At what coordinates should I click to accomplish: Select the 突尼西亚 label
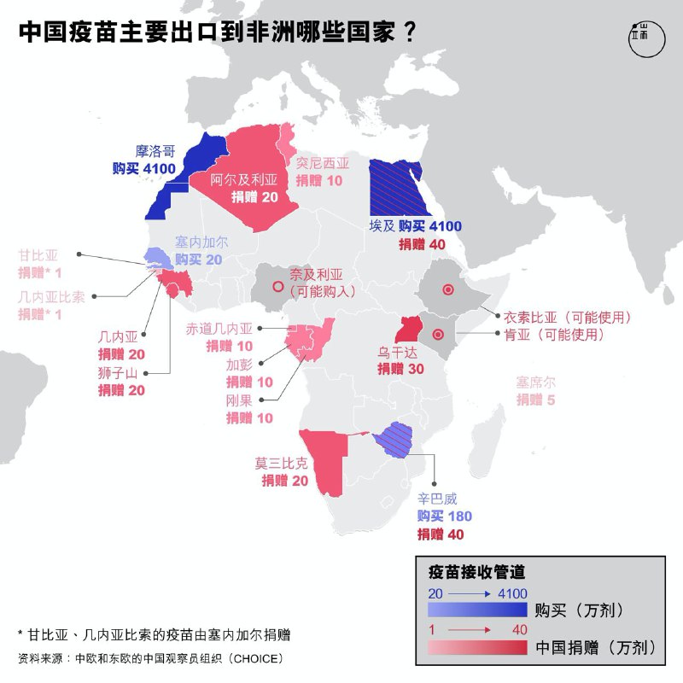(x=323, y=163)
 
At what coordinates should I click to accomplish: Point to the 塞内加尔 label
(x=201, y=242)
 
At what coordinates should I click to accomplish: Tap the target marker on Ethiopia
(x=447, y=290)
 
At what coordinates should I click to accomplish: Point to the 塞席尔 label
(x=535, y=382)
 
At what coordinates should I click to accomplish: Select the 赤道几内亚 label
(x=220, y=329)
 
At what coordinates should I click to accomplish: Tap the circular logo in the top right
(x=639, y=38)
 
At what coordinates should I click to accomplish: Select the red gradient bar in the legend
(x=478, y=647)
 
